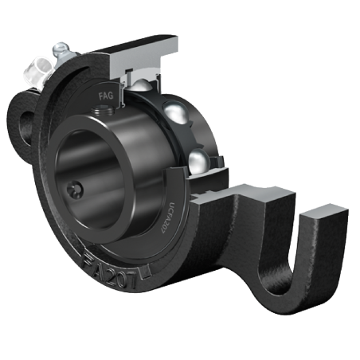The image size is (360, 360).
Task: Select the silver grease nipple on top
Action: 61,53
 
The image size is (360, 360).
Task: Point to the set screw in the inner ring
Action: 74,190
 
